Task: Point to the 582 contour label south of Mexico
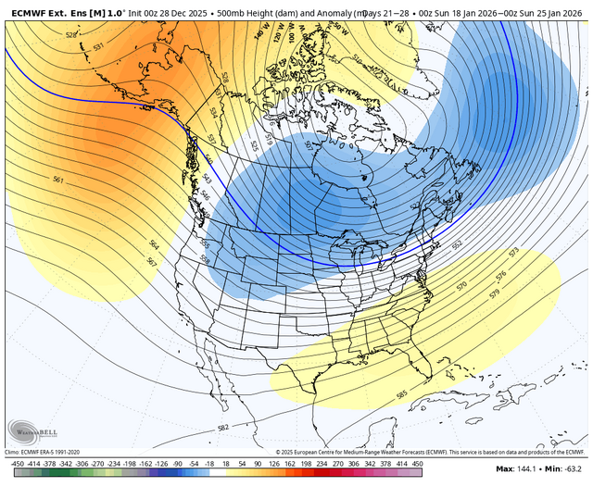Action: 222,428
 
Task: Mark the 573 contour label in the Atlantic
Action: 513,252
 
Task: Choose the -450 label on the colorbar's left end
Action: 16,461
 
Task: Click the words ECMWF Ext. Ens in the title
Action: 41,9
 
